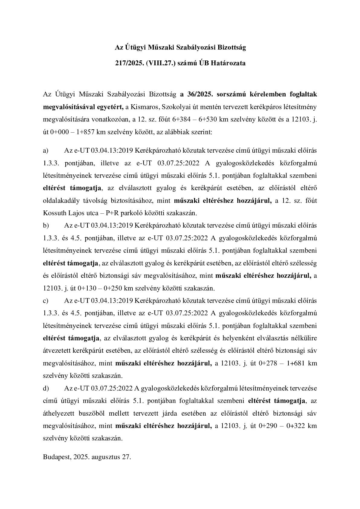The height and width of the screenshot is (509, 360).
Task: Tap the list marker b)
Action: pyautogui.click(x=46, y=225)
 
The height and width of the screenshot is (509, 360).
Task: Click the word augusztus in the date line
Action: pyautogui.click(x=106, y=457)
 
